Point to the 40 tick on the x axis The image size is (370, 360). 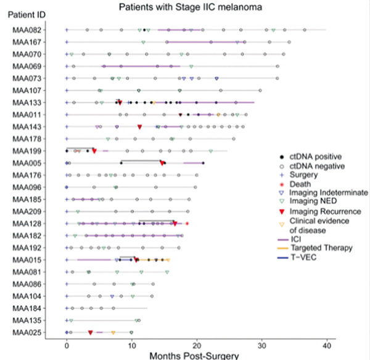point(327,343)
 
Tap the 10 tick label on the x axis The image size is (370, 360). point(131,343)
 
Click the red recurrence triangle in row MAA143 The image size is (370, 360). point(140,127)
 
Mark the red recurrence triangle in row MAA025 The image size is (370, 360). point(91,333)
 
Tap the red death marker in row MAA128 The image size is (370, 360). point(187,224)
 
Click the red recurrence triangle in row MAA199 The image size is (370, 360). point(94,151)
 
